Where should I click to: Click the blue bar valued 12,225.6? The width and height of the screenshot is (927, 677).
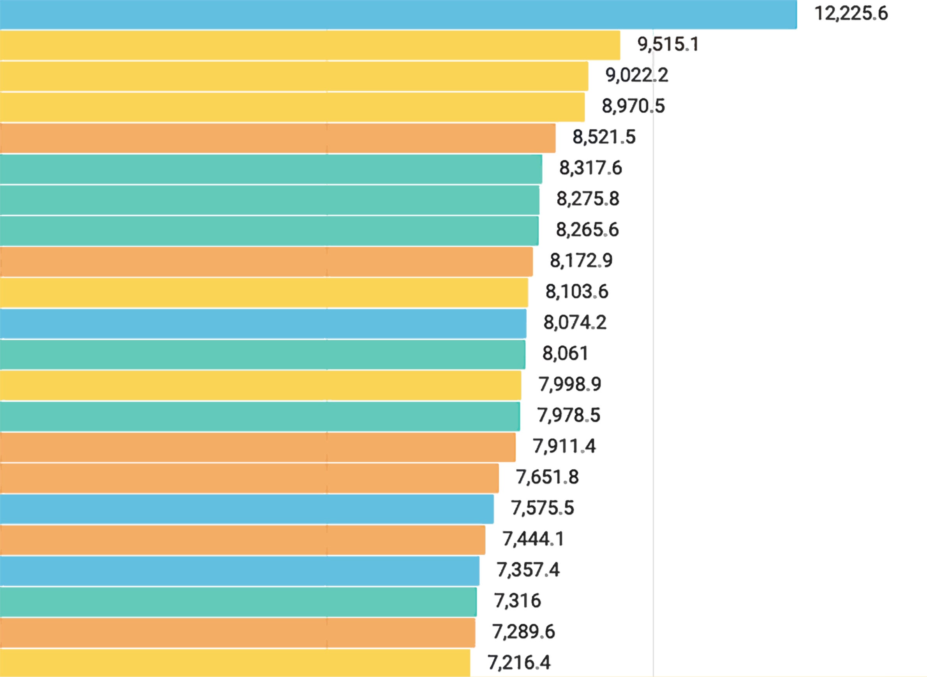tap(398, 14)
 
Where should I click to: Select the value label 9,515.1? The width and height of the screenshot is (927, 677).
tap(668, 44)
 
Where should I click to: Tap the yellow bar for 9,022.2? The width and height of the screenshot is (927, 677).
tap(293, 76)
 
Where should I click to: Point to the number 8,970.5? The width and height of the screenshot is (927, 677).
tap(633, 106)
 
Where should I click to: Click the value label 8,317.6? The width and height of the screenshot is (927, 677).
tap(590, 168)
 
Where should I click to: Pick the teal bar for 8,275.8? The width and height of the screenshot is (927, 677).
tap(269, 199)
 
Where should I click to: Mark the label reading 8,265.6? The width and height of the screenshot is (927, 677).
tap(587, 230)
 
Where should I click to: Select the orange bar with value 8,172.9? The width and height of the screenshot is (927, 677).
tap(266, 261)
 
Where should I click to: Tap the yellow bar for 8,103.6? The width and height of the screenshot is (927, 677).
tap(264, 292)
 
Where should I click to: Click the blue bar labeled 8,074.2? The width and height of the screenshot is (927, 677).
tap(263, 323)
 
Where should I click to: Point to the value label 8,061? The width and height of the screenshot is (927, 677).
tap(565, 353)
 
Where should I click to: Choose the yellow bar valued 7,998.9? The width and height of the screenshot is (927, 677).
tap(260, 385)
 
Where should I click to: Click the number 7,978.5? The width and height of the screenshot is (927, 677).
tap(569, 416)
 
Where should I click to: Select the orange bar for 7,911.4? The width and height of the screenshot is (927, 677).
tap(257, 447)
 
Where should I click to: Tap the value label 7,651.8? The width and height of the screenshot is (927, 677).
tap(547, 478)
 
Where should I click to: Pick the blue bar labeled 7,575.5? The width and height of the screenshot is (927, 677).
tap(246, 509)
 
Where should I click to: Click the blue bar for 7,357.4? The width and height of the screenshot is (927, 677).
tap(239, 571)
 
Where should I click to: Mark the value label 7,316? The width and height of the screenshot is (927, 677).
tap(518, 601)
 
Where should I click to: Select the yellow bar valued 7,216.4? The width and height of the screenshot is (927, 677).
tap(235, 663)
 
